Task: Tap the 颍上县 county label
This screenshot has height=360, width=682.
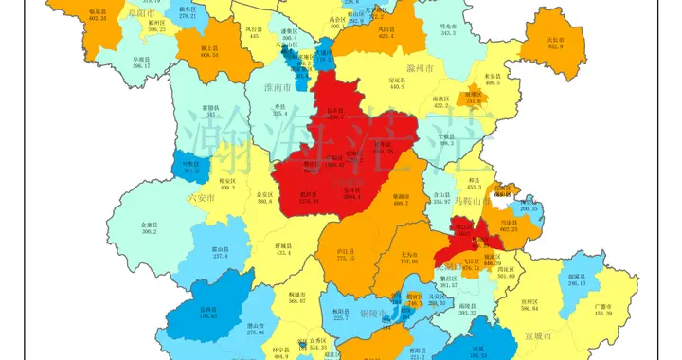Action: point(210,52)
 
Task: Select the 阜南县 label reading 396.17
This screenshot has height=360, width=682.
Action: point(142,63)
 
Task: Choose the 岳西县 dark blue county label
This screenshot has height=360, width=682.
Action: point(208,312)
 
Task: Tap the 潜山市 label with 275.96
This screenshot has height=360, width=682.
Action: point(256,329)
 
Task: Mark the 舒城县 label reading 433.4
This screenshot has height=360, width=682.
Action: point(284,249)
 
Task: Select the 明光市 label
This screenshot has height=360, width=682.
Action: point(448,30)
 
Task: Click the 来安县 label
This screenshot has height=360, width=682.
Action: point(492,80)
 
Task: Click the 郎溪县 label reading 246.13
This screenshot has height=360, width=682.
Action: point(578,280)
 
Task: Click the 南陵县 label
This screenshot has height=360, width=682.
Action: point(471,309)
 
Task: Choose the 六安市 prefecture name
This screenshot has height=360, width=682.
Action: point(203,198)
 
